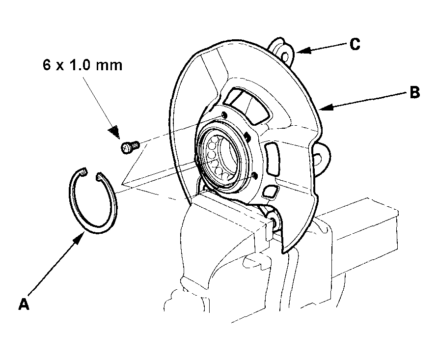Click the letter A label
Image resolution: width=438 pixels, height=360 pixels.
coord(24,304)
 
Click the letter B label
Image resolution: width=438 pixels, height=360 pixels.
coord(414,92)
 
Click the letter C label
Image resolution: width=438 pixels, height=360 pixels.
coord(355,44)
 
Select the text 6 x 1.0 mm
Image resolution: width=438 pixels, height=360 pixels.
coord(82,65)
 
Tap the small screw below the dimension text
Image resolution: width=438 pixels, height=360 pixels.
coord(130,147)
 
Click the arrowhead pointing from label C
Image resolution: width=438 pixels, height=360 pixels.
coord(303,50)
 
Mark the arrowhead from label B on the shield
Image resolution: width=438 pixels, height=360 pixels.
coord(327,107)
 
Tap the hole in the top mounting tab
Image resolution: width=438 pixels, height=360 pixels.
coord(285,57)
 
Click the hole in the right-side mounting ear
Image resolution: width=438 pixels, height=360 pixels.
coord(318,159)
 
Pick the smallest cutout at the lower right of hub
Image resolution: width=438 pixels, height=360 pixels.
coord(270,192)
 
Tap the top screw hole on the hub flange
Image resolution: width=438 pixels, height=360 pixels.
coord(224,115)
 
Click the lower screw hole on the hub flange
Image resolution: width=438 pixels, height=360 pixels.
coord(254,176)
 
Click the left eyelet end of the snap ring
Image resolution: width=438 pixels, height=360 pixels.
coord(82,173)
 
